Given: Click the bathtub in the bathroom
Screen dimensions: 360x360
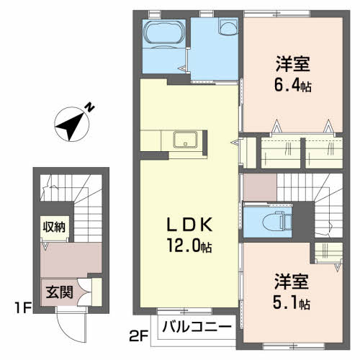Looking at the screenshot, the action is [x=164, y=33].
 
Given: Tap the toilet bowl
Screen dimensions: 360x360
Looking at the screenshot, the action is [x=274, y=221].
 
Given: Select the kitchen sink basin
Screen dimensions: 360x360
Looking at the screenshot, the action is [x=185, y=139].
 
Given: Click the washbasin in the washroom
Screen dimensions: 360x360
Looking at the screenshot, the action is [x=228, y=27].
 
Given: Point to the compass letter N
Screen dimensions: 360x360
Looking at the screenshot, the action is [x=89, y=107].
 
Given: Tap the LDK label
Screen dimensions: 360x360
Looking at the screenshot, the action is [x=189, y=225].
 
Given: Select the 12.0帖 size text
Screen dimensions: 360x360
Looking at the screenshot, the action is [x=189, y=246].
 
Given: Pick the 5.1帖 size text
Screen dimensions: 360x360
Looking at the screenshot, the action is [x=292, y=302].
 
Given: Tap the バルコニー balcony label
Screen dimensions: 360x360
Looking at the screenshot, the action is [x=197, y=327].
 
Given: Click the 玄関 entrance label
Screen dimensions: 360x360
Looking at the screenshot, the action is [x=59, y=292].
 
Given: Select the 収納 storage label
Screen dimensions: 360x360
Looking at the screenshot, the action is [x=54, y=227].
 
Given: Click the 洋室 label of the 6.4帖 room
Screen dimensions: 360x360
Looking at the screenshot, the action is [x=293, y=64].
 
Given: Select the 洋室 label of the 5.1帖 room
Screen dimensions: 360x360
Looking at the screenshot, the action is [x=292, y=282].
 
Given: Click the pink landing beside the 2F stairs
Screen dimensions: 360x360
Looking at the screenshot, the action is [x=260, y=187].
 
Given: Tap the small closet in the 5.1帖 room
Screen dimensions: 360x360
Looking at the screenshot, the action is [x=328, y=253].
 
